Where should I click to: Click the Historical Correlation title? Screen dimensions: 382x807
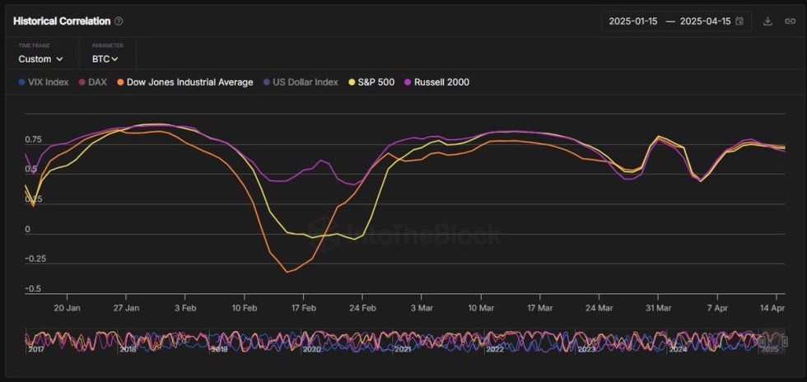[x=62, y=21]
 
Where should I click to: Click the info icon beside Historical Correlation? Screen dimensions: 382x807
[x=119, y=21]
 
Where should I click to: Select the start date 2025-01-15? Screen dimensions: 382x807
[x=632, y=21]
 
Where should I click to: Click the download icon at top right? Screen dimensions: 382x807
[x=767, y=21]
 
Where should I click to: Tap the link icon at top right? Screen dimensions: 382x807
[x=790, y=21]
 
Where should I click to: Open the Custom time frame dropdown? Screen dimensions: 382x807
[x=41, y=59]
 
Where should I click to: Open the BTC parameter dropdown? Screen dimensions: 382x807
[x=105, y=59]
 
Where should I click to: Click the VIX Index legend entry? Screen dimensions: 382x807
[x=45, y=82]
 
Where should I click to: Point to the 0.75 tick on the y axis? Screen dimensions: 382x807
[x=33, y=140]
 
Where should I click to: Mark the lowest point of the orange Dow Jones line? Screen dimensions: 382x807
[x=287, y=272]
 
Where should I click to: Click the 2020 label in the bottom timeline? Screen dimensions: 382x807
[x=311, y=349]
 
